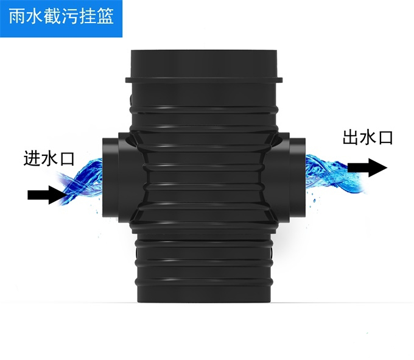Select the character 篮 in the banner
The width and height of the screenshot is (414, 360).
[x=105, y=16]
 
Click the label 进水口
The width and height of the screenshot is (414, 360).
[x=49, y=159]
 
